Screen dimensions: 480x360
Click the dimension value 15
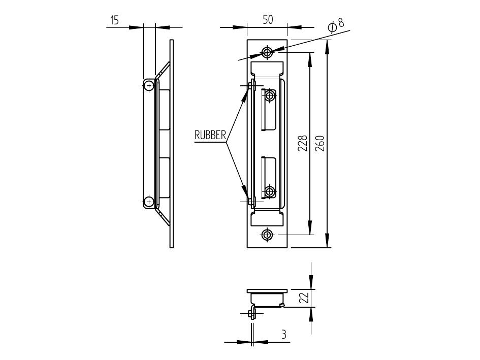(x=114, y=20)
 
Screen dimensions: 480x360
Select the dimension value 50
(x=268, y=20)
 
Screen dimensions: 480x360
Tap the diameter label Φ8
(x=336, y=25)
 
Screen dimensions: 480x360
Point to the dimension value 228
(x=302, y=143)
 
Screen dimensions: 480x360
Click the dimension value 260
(x=319, y=144)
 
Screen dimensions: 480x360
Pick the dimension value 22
(x=304, y=297)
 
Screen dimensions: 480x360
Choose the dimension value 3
(x=284, y=334)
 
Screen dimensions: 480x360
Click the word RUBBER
(x=210, y=135)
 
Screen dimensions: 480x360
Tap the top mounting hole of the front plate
(x=267, y=52)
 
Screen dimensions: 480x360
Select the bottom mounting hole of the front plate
(x=267, y=235)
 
